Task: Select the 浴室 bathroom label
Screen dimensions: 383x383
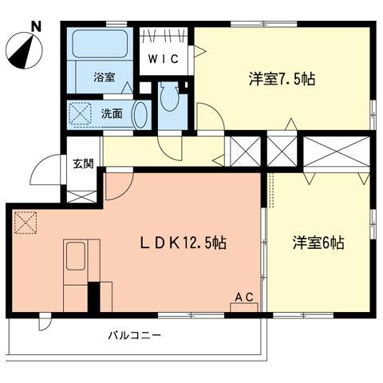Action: click(x=104, y=77)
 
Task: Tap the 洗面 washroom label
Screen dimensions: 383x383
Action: click(x=112, y=113)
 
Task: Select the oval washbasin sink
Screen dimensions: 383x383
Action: click(x=141, y=114)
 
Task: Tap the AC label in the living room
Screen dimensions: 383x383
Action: click(x=243, y=298)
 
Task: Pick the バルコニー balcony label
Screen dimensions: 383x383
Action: click(x=135, y=335)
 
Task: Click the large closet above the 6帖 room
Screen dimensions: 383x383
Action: click(x=336, y=152)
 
